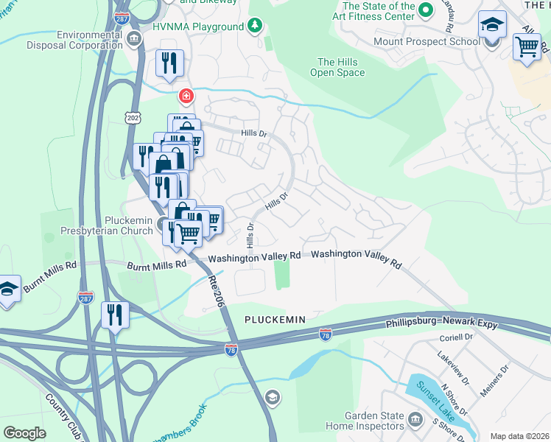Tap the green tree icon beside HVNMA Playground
pos(255,27)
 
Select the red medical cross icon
pos(186,96)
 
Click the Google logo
pos(25,432)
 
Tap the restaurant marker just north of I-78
pos(115,315)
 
